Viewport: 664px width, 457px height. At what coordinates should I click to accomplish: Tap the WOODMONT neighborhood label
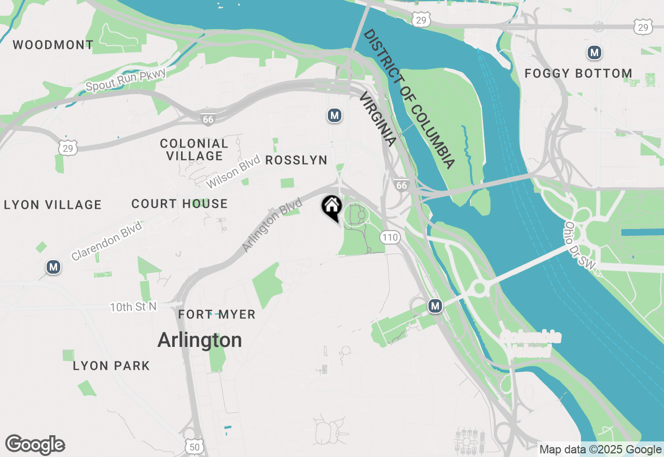53,45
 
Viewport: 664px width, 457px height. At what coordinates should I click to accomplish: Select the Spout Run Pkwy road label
126,80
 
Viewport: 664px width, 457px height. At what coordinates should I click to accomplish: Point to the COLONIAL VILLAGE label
194,149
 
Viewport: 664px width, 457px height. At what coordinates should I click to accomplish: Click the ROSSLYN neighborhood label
296,160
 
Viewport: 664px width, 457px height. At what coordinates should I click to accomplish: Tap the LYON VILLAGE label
53,205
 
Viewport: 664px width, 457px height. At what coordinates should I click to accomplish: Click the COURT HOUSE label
179,204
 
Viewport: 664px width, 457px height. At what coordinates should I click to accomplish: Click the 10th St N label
133,307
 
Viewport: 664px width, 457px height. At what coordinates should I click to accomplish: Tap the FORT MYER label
217,314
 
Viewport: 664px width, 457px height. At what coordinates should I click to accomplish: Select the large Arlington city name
200,340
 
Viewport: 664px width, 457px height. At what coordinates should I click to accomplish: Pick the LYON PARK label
112,366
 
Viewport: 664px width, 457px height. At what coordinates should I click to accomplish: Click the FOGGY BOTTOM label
578,73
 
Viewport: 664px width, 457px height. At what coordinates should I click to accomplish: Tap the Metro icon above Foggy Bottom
594,52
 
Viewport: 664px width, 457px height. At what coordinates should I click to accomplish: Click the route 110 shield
390,237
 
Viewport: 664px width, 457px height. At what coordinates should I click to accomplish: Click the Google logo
35,445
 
